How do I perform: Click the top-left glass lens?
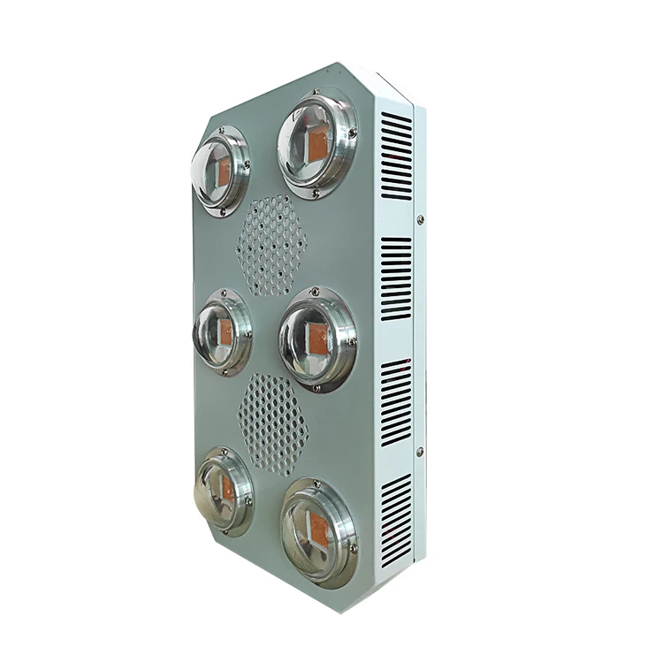tap(218, 170)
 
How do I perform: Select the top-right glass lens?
tap(316, 144)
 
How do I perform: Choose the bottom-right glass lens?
tap(318, 522)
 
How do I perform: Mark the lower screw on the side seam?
tap(419, 452)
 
